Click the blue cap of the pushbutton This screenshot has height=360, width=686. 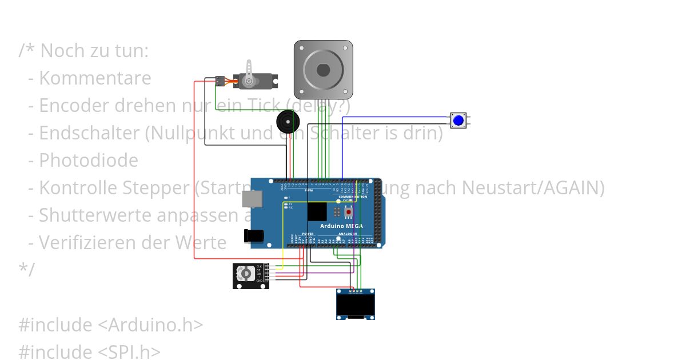point(458,121)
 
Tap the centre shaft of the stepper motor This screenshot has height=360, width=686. point(323,70)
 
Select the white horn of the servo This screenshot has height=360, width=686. point(249,73)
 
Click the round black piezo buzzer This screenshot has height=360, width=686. point(287,122)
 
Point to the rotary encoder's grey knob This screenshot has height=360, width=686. point(246,274)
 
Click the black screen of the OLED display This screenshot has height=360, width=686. point(355,305)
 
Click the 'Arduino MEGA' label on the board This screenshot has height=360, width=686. point(341,226)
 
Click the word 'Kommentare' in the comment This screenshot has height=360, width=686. point(95,78)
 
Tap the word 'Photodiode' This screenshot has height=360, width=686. point(89,161)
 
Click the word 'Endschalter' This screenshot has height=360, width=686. point(90,133)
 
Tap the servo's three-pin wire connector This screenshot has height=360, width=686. point(220,81)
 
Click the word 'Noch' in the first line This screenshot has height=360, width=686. point(60,51)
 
